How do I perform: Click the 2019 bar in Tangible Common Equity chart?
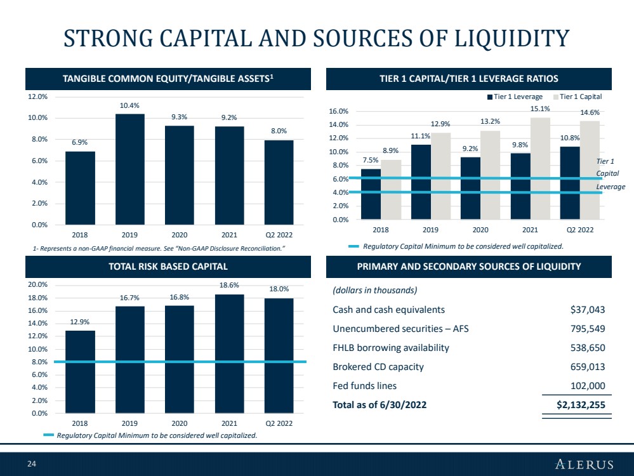tap(130, 169)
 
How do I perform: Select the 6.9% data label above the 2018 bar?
tap(80, 142)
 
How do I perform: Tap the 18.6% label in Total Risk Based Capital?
tap(229, 285)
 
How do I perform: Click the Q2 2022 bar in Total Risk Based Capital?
tap(279, 356)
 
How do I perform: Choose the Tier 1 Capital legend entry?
tap(578, 96)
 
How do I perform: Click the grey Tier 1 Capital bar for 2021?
tap(540, 169)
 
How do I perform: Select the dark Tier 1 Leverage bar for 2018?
tap(371, 194)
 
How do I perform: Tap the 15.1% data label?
tap(540, 109)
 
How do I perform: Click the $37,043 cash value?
tap(588, 310)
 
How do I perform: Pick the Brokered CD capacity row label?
tap(378, 367)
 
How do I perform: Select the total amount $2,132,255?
tap(581, 405)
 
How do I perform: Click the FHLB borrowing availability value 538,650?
tap(588, 348)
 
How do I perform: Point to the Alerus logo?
tap(584, 464)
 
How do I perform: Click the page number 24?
tap(32, 464)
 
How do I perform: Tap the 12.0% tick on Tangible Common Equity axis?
tap(37, 96)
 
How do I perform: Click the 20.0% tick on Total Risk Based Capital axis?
tap(37, 285)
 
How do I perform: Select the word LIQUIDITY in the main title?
tap(512, 39)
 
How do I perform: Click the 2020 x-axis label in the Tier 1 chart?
tap(480, 230)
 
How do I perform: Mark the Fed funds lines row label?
tap(365, 386)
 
